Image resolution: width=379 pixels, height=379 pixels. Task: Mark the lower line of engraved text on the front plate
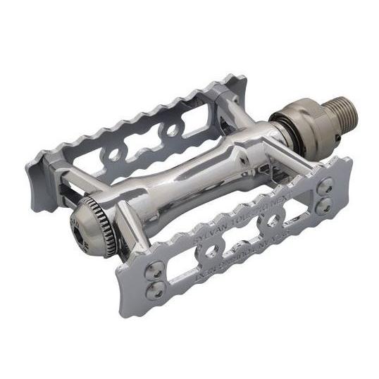pos(240,254)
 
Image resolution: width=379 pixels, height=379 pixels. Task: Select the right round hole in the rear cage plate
pos(170,131)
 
